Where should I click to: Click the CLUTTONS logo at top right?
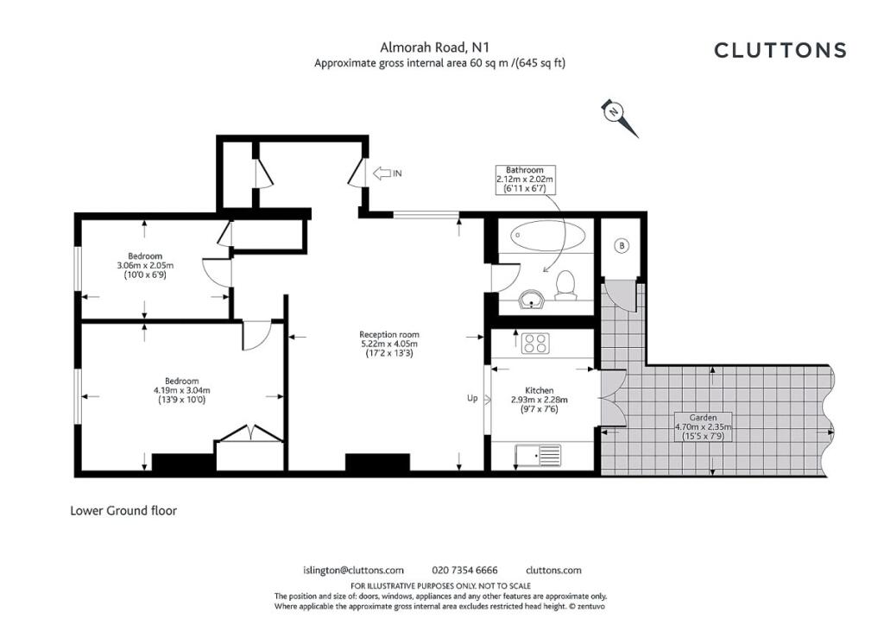coord(780,50)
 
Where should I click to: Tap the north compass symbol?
coord(619,117)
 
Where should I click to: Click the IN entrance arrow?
coord(388,173)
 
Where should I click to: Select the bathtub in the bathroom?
coord(548,236)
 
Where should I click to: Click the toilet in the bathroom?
coord(565,285)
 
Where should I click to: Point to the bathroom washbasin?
coord(531,300)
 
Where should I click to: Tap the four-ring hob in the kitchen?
coord(535,344)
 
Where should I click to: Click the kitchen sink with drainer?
coord(538,455)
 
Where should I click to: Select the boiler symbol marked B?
coord(622,246)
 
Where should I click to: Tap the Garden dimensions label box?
coord(703,427)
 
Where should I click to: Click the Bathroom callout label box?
coord(525,180)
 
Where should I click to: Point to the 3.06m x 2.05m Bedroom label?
coord(145,265)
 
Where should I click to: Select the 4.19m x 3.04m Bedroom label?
coord(181,390)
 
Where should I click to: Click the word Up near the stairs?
coord(472,398)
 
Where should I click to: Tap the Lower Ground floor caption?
coord(123,510)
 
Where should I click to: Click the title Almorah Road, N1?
coord(434,47)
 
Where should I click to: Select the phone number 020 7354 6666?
coord(464,571)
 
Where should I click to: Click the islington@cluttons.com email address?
coord(353,571)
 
